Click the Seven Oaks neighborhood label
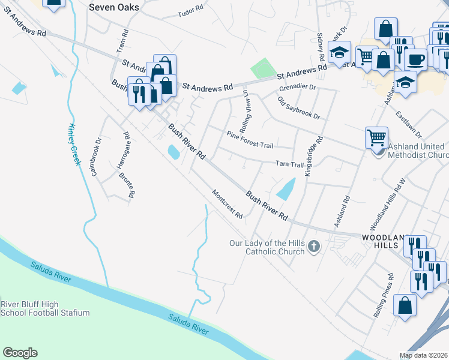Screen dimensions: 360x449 113,7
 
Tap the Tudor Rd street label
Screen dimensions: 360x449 191,10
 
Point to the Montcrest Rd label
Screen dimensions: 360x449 228,204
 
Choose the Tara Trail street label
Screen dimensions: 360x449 289,164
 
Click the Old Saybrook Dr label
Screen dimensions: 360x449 298,107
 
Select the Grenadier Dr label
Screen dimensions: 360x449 297,88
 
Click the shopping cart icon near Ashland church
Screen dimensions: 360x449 376,137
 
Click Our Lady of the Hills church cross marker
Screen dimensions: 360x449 313,246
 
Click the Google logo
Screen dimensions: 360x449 20,353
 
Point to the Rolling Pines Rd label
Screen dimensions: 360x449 384,295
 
